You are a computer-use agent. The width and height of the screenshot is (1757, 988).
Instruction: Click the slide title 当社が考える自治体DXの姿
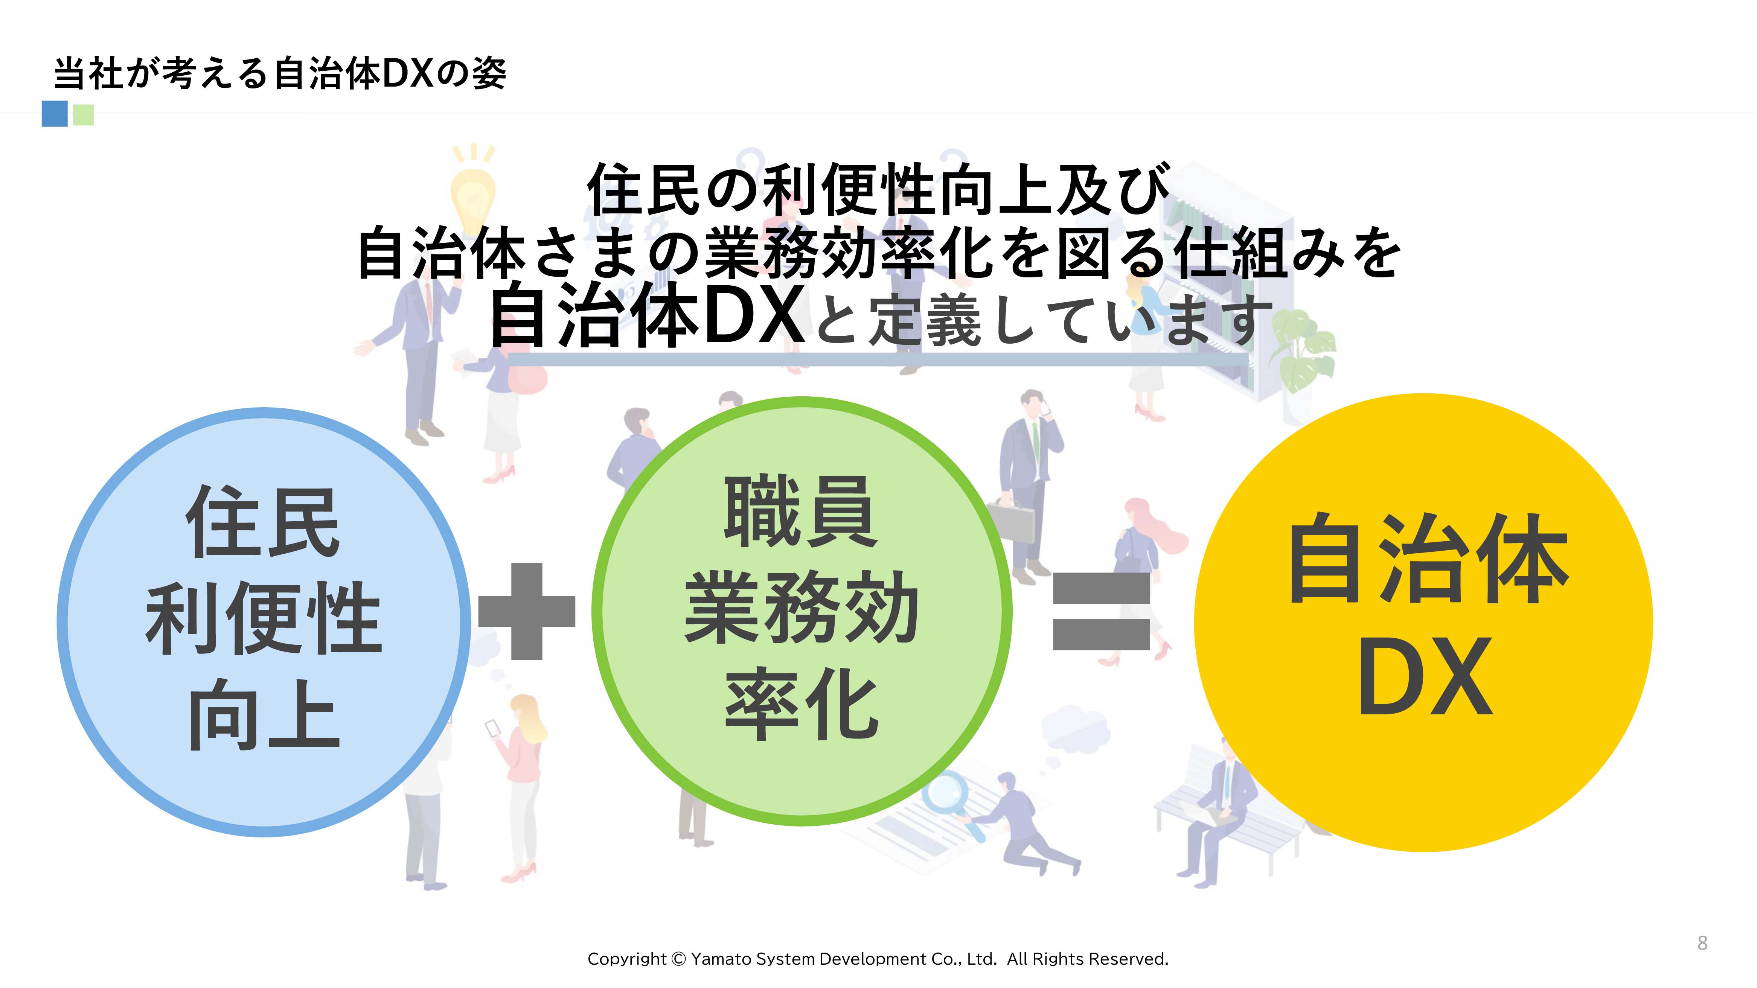(x=280, y=74)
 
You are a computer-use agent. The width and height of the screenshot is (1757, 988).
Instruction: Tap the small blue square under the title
(x=55, y=114)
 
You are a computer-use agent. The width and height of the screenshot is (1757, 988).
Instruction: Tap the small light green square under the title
(x=83, y=114)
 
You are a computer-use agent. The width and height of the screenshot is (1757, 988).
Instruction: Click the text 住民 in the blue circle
(x=263, y=524)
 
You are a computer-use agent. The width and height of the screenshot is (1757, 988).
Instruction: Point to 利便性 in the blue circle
(x=263, y=619)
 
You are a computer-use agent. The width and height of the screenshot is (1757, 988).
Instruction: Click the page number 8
(x=1702, y=943)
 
